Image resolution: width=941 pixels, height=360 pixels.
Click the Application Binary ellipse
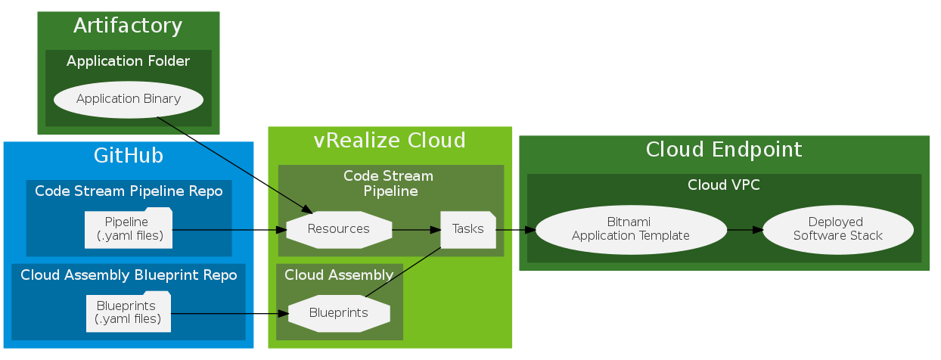click(x=129, y=99)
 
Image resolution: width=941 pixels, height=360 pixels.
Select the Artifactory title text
click(x=128, y=26)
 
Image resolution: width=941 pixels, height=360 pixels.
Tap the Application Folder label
click(x=128, y=61)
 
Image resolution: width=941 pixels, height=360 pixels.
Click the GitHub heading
click(x=129, y=156)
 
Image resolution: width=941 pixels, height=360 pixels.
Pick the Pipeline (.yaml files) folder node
click(x=129, y=228)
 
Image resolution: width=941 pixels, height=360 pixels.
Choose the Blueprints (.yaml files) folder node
click(x=129, y=312)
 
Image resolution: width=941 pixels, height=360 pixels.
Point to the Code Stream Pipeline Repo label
click(x=129, y=191)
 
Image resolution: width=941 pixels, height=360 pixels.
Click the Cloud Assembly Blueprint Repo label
click(x=129, y=275)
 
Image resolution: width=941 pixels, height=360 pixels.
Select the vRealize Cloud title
click(x=390, y=141)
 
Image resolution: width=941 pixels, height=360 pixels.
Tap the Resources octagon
click(x=339, y=228)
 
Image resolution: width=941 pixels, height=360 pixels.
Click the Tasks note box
click(x=467, y=228)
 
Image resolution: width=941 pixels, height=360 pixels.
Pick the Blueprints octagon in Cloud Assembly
click(x=339, y=312)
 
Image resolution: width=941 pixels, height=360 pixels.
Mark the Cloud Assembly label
click(x=339, y=275)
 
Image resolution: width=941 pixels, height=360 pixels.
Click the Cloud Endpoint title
click(x=724, y=150)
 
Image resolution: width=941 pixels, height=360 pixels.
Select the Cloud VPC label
click(x=724, y=185)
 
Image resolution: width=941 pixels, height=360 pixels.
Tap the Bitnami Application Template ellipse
click(x=631, y=228)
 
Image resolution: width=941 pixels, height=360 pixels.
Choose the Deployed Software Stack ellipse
click(x=837, y=228)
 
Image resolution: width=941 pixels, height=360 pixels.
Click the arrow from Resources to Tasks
click(x=416, y=228)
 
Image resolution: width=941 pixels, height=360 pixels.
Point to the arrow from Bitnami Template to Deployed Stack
click(x=744, y=228)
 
